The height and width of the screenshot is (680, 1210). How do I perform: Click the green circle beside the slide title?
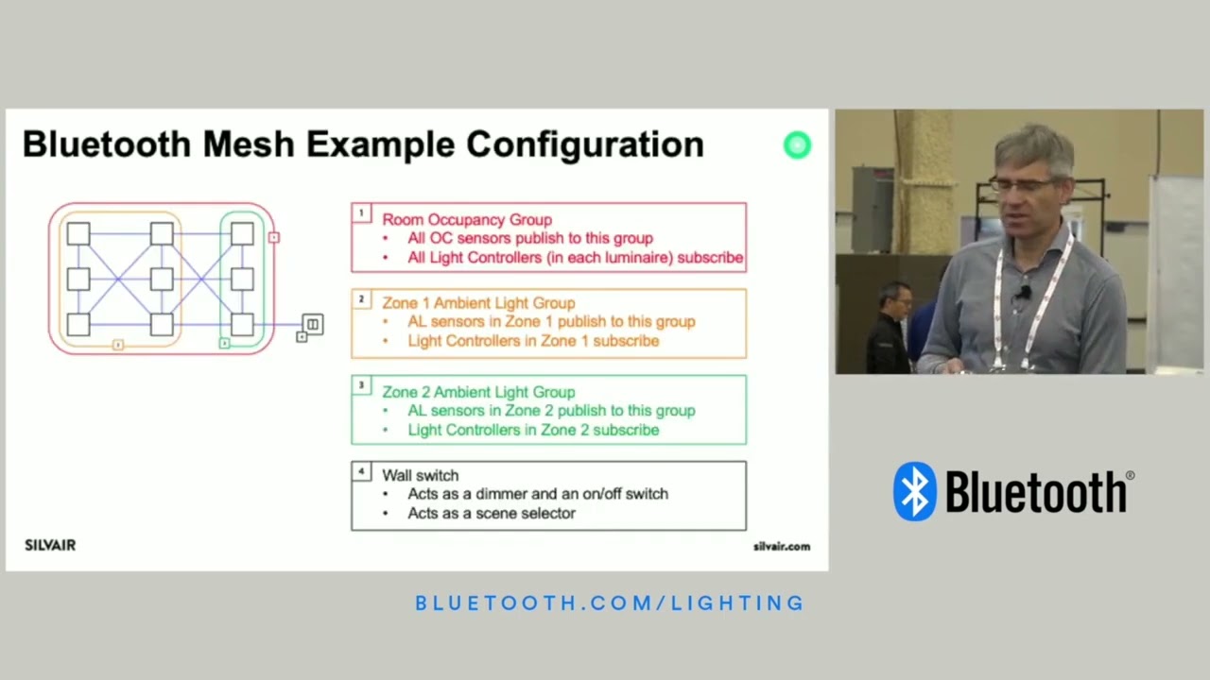click(x=797, y=144)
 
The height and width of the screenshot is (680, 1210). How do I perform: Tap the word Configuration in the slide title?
click(x=584, y=144)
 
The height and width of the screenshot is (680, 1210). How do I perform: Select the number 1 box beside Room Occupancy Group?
click(x=361, y=213)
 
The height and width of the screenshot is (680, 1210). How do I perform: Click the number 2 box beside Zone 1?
click(x=361, y=299)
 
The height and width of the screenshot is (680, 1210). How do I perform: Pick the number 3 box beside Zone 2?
click(x=361, y=385)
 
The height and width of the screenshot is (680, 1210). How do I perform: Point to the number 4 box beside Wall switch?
click(x=361, y=471)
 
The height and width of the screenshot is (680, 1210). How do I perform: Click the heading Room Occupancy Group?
click(x=466, y=220)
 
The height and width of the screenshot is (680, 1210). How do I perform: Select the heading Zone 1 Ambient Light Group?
click(x=478, y=303)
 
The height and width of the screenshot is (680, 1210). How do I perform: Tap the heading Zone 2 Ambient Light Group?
click(x=478, y=392)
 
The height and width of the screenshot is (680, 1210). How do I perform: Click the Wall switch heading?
click(x=420, y=475)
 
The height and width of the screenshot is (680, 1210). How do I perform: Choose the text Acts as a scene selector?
click(x=491, y=513)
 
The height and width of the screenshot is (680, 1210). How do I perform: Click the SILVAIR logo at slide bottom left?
click(x=50, y=545)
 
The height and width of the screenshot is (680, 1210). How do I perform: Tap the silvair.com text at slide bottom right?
click(x=781, y=546)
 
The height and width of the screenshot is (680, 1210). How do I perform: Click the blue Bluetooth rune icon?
click(x=914, y=491)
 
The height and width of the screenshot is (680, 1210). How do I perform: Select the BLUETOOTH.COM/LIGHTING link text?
click(x=610, y=603)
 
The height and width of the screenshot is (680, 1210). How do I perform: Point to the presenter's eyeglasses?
click(x=1023, y=185)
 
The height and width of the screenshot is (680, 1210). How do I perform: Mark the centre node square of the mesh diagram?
click(x=162, y=279)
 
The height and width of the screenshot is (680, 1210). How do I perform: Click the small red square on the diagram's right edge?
click(x=274, y=237)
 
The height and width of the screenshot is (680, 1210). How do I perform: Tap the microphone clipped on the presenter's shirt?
click(x=1022, y=294)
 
